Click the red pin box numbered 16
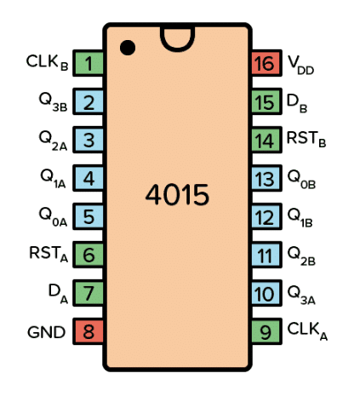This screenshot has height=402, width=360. pyautogui.click(x=266, y=63)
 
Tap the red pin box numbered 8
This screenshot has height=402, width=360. pyautogui.click(x=89, y=331)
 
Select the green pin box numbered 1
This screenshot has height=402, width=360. pyautogui.click(x=89, y=63)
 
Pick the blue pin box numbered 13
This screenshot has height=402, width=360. pyautogui.click(x=266, y=178)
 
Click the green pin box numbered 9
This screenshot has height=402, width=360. pyautogui.click(x=266, y=331)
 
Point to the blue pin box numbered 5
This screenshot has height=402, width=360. pyautogui.click(x=89, y=216)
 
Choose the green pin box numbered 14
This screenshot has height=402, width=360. pyautogui.click(x=266, y=140)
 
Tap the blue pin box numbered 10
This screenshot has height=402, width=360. pyautogui.click(x=266, y=293)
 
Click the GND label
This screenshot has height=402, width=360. pyautogui.click(x=47, y=332)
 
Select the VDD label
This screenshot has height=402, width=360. pyautogui.click(x=300, y=65)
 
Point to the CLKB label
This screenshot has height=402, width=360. pyautogui.click(x=47, y=62)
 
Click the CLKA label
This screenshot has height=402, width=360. pyautogui.click(x=307, y=331)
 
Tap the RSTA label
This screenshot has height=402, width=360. pyautogui.click(x=49, y=254)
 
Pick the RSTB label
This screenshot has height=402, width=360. pyautogui.click(x=306, y=140)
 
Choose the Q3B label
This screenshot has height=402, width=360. pyautogui.click(x=53, y=102)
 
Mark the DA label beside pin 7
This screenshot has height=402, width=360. pyautogui.click(x=58, y=294)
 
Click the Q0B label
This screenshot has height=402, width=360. pyautogui.click(x=301, y=179)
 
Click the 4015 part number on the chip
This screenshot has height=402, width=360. pyautogui.click(x=177, y=195)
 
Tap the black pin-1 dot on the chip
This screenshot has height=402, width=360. pyautogui.click(x=128, y=48)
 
